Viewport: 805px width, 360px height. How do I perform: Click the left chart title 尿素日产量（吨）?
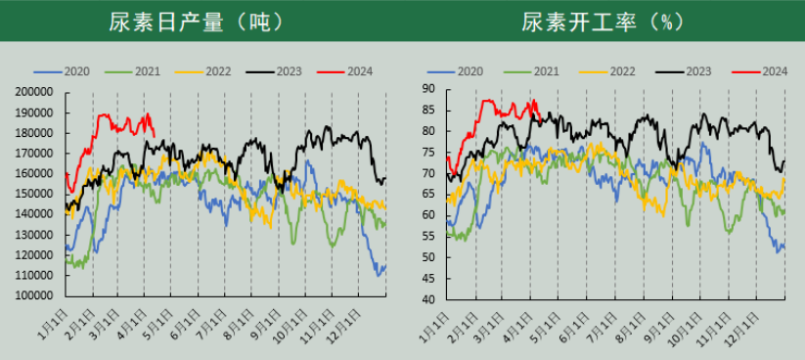(200, 22)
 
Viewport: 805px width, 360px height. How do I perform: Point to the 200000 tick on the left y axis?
(33, 91)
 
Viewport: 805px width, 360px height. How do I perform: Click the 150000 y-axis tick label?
(33, 194)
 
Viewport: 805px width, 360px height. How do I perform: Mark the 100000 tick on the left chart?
(33, 295)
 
